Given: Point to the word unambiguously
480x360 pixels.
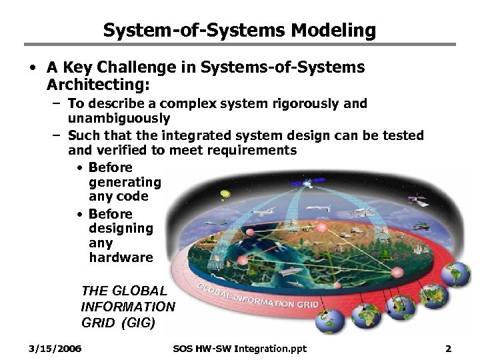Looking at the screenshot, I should (x=119, y=118).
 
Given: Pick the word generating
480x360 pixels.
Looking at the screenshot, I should (x=125, y=182).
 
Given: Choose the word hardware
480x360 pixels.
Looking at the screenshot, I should (x=121, y=257).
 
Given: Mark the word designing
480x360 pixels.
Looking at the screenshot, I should (x=121, y=228).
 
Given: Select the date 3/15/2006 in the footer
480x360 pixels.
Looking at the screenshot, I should (x=55, y=349).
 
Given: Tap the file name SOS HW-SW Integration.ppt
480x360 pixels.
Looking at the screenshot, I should (x=240, y=349).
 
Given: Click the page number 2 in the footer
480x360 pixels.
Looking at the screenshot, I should (x=448, y=349).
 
